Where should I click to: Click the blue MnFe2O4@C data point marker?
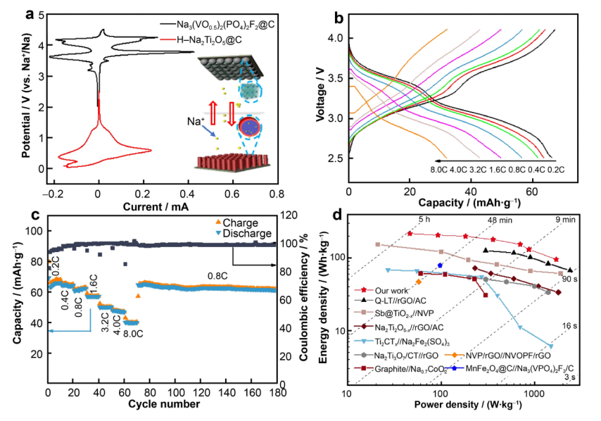click(440, 265)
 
